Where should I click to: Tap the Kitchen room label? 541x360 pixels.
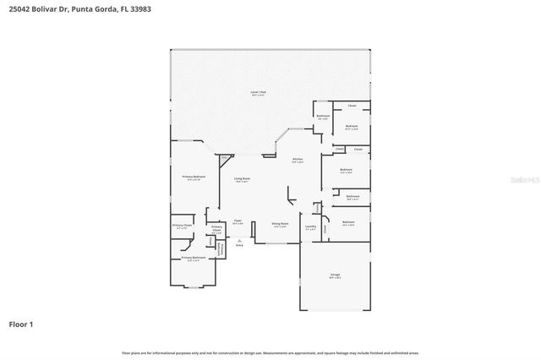pos(298,159)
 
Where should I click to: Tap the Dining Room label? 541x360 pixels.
pos(280,224)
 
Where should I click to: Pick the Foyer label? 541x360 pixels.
pos(238,221)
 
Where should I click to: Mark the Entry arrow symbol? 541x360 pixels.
pos(239,239)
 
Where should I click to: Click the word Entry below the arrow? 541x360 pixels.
pos(239,246)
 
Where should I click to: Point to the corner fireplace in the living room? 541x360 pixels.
pos(224,157)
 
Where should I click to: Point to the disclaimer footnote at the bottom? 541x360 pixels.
pos(270,352)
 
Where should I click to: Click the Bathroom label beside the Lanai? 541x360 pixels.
pos(322,117)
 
